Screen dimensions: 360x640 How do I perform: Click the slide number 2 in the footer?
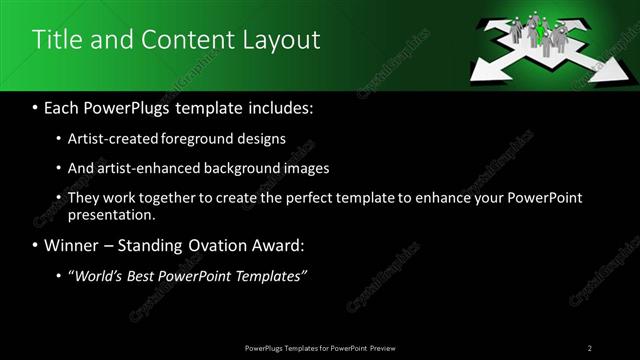coord(590,348)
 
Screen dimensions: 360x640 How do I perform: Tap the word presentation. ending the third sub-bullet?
coord(111,215)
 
